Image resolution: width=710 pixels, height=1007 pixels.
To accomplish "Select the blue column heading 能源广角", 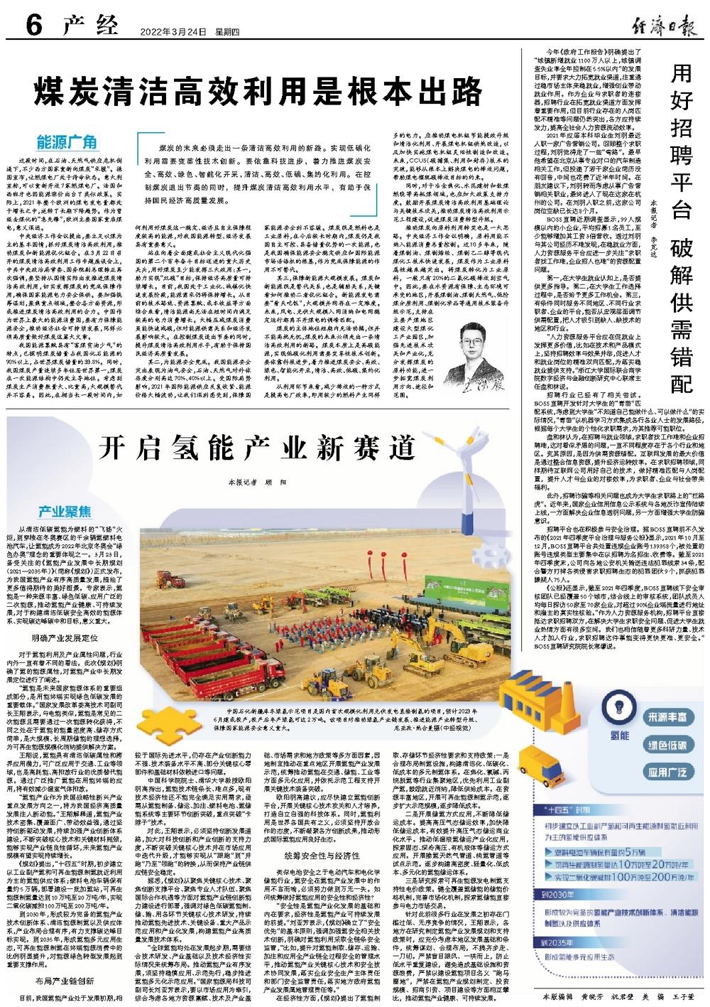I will click(67, 139).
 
